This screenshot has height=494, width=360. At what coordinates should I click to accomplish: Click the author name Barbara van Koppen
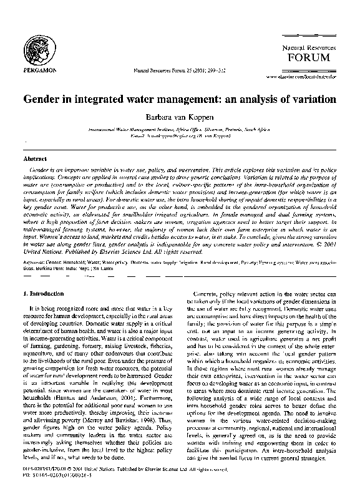pyautogui.click(x=180, y=116)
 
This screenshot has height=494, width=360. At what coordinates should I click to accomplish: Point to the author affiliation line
pyautogui.click(x=180, y=128)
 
